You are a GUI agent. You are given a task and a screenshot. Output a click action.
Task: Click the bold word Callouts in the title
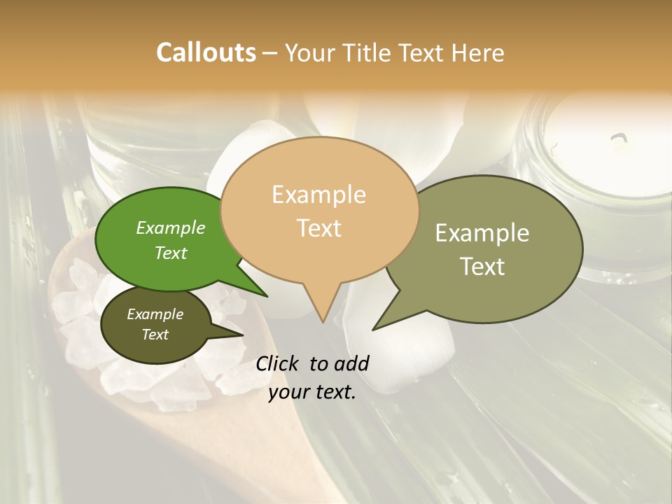(206, 52)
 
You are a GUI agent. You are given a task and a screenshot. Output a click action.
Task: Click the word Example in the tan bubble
(318, 195)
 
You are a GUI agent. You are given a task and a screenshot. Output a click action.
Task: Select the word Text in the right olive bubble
(482, 267)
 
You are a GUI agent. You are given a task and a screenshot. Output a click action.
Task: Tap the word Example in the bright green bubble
(171, 227)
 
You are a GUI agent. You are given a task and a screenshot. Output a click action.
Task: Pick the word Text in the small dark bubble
(155, 335)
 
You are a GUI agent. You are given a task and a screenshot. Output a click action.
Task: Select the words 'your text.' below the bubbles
(312, 392)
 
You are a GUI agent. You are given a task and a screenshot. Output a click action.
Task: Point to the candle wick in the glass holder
(619, 140)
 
